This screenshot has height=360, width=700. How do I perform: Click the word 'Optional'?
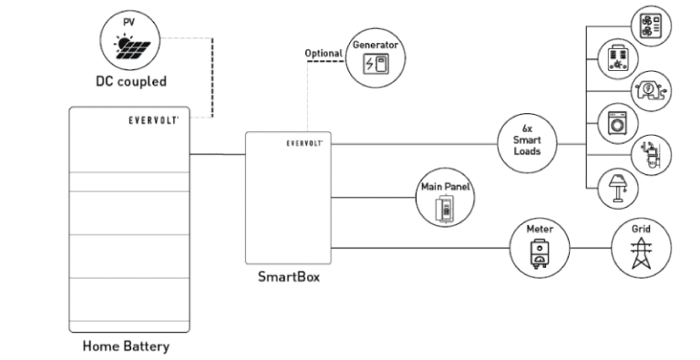[x=324, y=53]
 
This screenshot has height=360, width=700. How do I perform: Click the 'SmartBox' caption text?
[x=286, y=277]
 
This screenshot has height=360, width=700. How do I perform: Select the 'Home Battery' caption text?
[x=126, y=346]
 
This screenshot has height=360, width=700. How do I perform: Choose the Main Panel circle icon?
[x=443, y=200]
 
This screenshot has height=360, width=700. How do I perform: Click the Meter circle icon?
[x=540, y=246]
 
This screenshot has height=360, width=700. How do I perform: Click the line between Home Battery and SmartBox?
[x=217, y=154]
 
